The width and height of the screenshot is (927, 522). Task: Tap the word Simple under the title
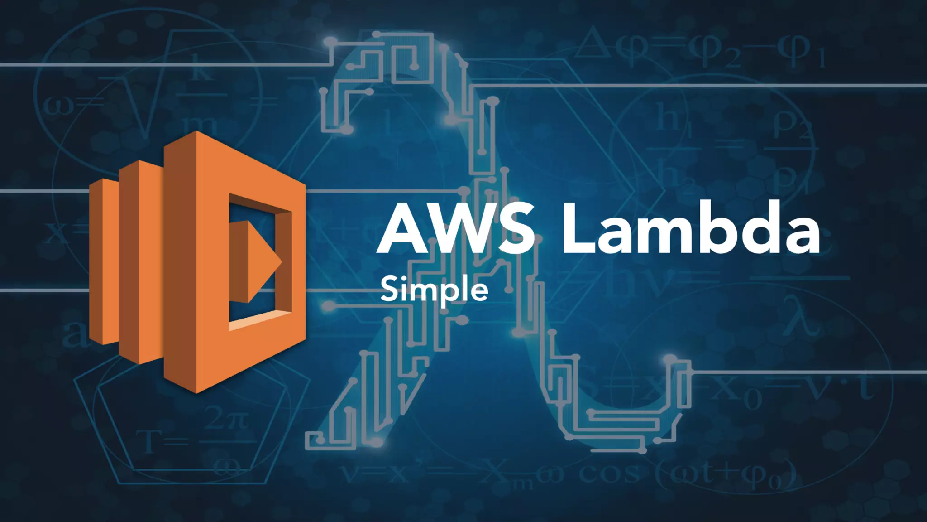pyautogui.click(x=434, y=290)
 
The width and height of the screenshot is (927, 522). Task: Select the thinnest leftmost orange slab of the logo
pyautogui.click(x=103, y=261)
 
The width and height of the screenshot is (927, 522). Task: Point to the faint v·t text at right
pyautogui.click(x=842, y=387)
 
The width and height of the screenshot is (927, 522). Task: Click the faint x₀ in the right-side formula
pyautogui.click(x=736, y=392)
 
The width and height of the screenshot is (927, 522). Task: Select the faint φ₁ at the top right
pyautogui.click(x=801, y=52)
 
